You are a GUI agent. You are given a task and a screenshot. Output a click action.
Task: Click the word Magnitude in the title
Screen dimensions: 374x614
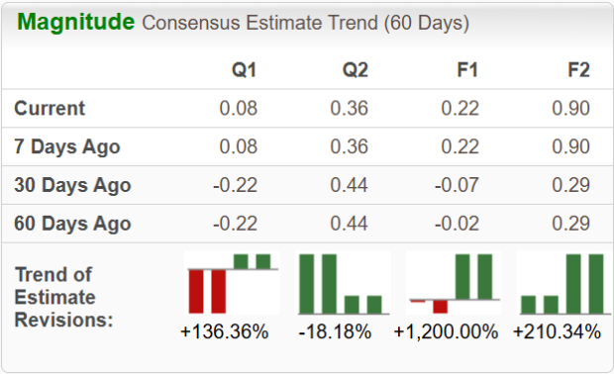75,22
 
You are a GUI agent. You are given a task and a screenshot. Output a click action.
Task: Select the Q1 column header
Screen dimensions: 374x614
244,70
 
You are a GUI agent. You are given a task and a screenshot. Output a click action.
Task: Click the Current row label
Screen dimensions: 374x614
50,109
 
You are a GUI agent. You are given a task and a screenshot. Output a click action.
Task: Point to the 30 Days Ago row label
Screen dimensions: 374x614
72,185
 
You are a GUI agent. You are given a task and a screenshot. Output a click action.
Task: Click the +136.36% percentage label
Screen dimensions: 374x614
225,332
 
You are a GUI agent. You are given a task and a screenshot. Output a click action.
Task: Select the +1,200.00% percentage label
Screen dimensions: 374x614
446,332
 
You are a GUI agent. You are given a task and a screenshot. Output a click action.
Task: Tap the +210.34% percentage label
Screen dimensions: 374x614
557,332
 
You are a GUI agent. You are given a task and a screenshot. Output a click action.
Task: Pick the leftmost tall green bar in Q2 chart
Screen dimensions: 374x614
307,283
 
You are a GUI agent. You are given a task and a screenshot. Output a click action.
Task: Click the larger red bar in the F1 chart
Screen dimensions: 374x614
440,305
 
